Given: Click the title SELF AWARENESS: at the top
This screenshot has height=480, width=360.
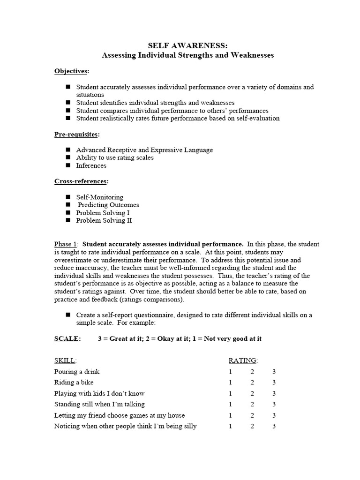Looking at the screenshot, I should (x=187, y=45).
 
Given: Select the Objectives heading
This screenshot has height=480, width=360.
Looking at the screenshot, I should (x=71, y=71).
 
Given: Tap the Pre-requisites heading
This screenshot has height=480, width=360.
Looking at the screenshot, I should (x=77, y=134).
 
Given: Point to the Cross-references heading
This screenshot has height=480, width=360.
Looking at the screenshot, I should (x=82, y=181).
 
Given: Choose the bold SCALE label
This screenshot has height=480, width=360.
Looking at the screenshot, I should (x=67, y=338).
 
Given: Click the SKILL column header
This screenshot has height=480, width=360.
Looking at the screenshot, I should (x=65, y=360).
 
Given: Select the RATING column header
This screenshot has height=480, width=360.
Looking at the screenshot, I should (x=243, y=360).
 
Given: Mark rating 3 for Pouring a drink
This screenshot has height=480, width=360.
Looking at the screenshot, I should (x=274, y=372).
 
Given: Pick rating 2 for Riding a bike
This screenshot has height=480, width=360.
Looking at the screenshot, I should (x=252, y=382).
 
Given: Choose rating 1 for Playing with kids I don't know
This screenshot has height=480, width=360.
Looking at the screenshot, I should (x=231, y=394).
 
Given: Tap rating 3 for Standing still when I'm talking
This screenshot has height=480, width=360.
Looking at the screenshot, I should (x=274, y=405).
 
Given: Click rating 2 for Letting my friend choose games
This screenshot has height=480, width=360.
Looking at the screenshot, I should (x=252, y=415).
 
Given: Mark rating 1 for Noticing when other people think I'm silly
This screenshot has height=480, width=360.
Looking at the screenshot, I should (x=231, y=427).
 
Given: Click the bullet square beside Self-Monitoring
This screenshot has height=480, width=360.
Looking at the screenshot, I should (x=68, y=197).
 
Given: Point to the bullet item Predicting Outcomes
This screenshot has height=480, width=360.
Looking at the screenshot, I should (x=108, y=205).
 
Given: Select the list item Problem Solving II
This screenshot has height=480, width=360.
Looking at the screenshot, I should (x=104, y=220).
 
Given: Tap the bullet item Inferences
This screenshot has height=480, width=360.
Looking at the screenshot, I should (x=91, y=165).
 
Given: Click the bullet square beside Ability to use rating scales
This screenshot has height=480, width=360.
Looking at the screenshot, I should (x=68, y=157).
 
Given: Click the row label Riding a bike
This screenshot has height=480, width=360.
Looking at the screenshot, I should (x=74, y=382).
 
